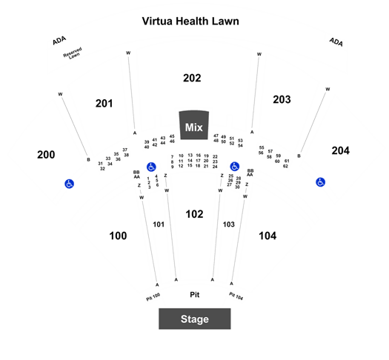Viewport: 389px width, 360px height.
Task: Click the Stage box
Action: [x=195, y=319]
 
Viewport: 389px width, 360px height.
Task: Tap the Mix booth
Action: [x=194, y=125]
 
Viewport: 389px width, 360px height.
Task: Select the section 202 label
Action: [x=192, y=78]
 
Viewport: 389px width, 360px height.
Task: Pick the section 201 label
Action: [x=104, y=104]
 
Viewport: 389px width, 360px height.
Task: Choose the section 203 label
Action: [x=282, y=99]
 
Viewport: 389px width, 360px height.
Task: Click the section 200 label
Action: [x=46, y=155]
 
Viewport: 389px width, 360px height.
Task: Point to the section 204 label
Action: [x=341, y=150]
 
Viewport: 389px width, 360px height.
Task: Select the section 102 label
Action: [x=194, y=214]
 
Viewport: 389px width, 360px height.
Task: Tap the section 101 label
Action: [x=159, y=224]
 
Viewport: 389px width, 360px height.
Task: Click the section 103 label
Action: [x=228, y=224]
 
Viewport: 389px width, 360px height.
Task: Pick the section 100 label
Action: [x=118, y=236]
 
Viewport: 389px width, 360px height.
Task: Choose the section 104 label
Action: [x=267, y=236]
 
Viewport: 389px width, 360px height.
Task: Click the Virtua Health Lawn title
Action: [x=190, y=21]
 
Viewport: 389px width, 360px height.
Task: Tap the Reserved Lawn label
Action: [x=73, y=53]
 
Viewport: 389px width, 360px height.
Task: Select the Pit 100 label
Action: [x=153, y=297]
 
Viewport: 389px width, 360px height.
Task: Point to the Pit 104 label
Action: [x=236, y=296]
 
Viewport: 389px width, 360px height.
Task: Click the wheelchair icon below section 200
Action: [x=69, y=184]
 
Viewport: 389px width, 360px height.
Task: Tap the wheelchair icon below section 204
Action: [x=320, y=182]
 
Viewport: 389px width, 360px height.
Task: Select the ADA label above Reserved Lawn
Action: [x=59, y=41]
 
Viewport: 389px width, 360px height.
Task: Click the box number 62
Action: [x=285, y=166]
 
